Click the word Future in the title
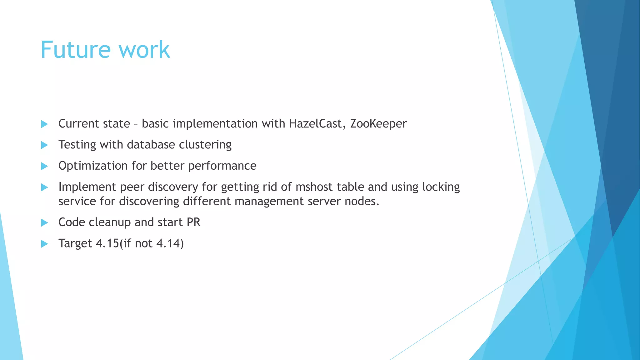pyautogui.click(x=76, y=50)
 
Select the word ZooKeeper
pyautogui.click(x=378, y=124)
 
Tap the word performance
pyautogui.click(x=222, y=166)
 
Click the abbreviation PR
pyautogui.click(x=193, y=222)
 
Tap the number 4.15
pyautogui.click(x=107, y=243)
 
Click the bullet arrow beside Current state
pyautogui.click(x=44, y=124)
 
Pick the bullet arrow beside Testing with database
pyautogui.click(x=44, y=145)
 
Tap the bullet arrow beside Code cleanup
pyautogui.click(x=44, y=222)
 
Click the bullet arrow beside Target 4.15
pyautogui.click(x=44, y=244)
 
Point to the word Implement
pyautogui.click(x=87, y=187)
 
